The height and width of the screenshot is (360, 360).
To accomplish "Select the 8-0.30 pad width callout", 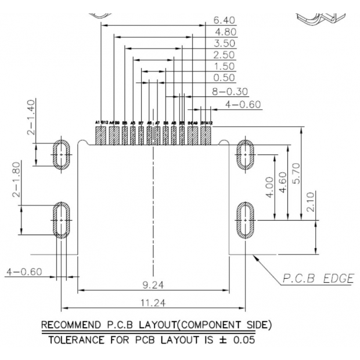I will pos(230,91).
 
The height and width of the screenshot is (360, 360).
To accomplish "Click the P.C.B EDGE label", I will pos(317,279).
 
